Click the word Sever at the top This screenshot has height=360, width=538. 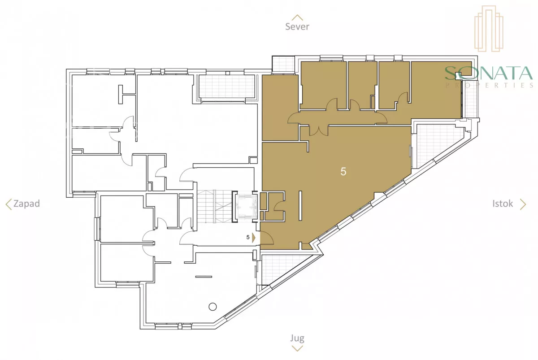[297, 26]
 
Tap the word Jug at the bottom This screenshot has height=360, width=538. [297, 338]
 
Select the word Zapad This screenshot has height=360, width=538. [26, 204]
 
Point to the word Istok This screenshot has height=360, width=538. [503, 204]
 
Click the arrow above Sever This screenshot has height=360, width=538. [297, 17]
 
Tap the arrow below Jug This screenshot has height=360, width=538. [297, 348]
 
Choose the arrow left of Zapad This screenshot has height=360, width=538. [9, 204]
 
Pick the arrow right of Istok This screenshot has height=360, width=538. [523, 204]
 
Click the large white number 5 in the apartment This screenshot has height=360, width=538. [343, 171]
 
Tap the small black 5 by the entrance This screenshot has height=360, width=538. [248, 237]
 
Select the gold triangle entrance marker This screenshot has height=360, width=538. [254, 238]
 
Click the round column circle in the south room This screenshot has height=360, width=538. [213, 307]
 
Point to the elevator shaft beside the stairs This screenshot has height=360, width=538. [245, 206]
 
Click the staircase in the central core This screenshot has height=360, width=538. [214, 206]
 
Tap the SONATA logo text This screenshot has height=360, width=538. [489, 73]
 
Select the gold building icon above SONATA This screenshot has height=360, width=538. [489, 28]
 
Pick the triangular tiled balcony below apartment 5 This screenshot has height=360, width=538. [283, 269]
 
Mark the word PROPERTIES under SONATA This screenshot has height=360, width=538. [489, 85]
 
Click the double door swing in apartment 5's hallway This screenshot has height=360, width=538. [319, 130]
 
